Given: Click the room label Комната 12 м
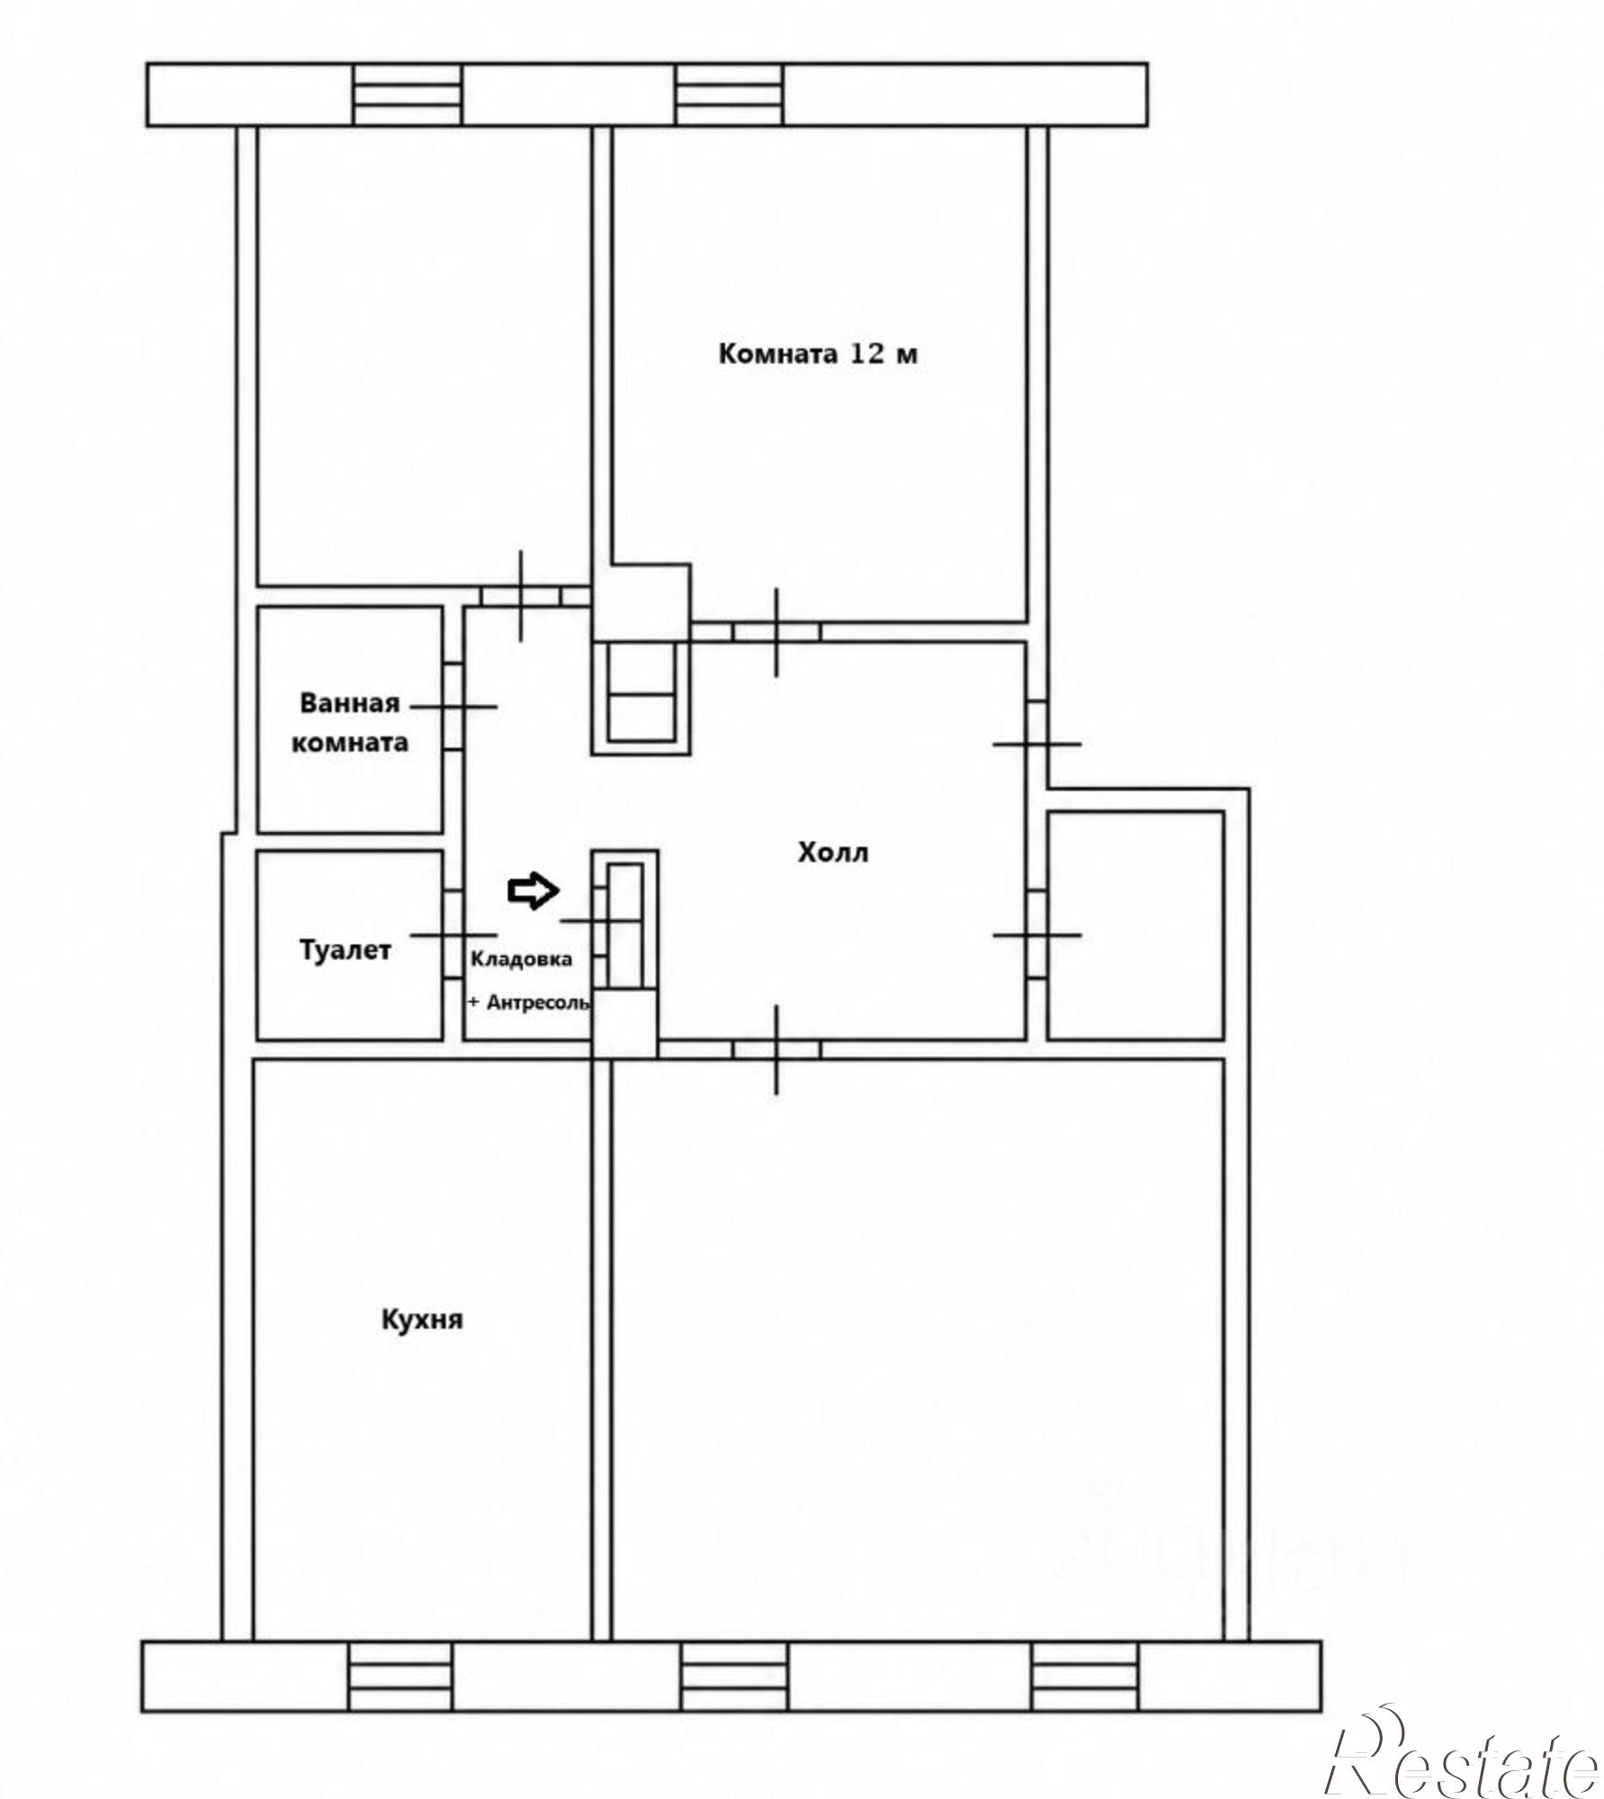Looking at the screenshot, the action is tap(818, 354).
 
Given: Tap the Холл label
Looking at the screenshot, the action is tap(833, 852).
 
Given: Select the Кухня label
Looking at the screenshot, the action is tap(423, 1320).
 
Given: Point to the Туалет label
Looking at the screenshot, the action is tap(345, 950).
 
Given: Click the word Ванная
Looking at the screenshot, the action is tap(350, 702).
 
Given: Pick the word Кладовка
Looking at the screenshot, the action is tap(522, 959).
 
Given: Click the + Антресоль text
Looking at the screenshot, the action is tap(529, 1002).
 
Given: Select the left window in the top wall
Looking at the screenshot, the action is tap(408, 94).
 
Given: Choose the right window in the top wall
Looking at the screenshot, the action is tap(729, 94).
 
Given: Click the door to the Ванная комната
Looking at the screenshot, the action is tap(454, 707).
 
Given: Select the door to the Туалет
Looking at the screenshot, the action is tap(454, 935).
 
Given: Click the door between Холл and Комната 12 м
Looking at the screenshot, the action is tap(777, 631).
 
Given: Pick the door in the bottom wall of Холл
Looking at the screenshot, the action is tap(777, 1050).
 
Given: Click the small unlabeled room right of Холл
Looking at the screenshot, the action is tap(1135, 925).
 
